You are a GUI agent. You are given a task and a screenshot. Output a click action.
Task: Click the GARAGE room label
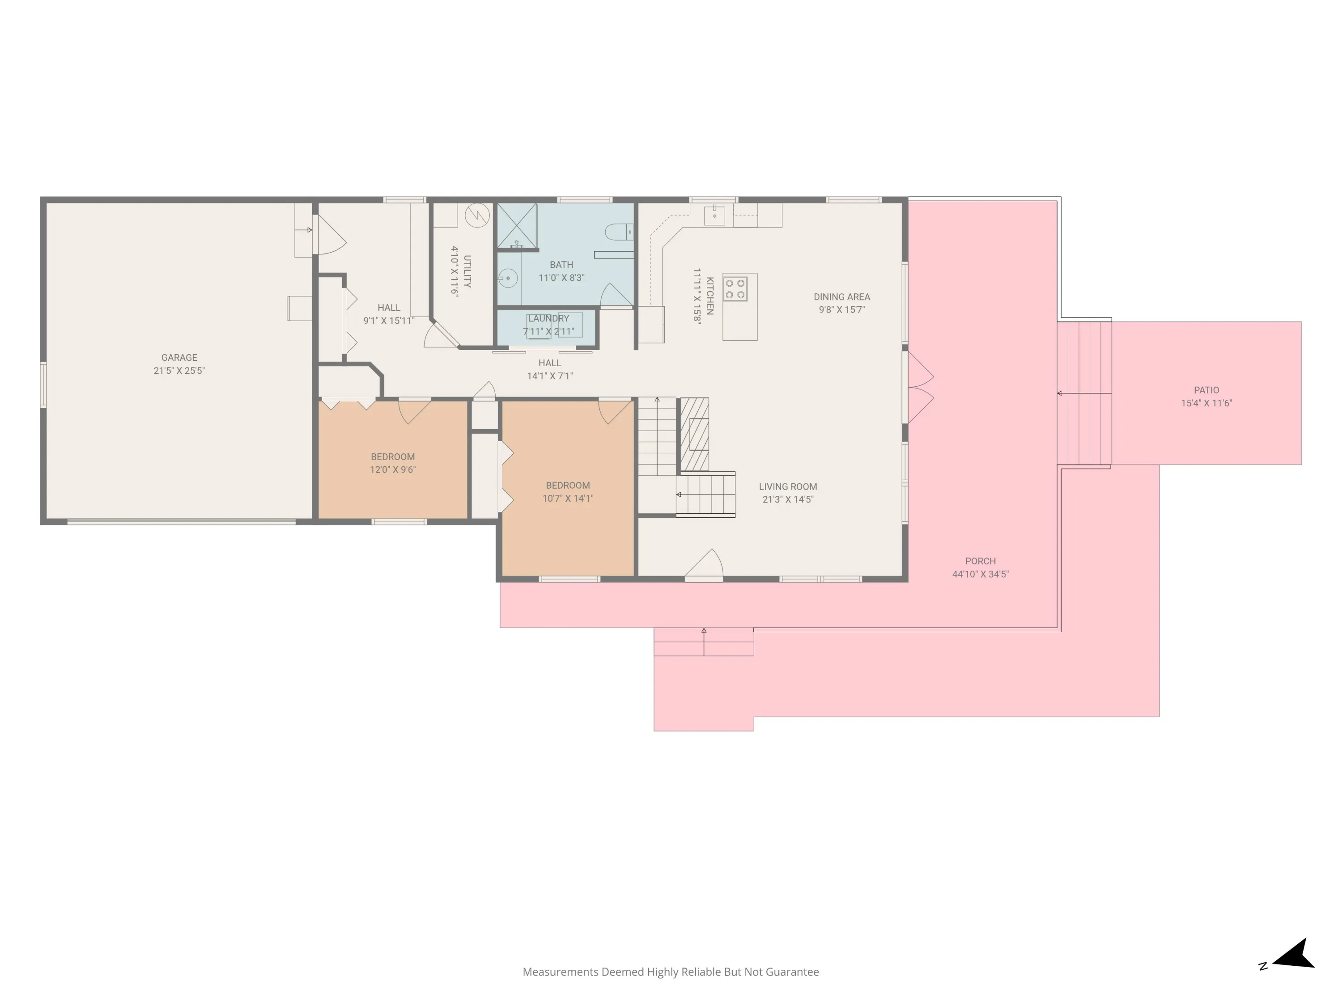coord(179,358)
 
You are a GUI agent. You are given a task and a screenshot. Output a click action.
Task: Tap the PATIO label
coord(1206,390)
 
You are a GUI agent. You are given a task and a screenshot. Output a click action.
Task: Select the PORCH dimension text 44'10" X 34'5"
coord(981,574)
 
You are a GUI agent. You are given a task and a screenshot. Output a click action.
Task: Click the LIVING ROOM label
coord(787,486)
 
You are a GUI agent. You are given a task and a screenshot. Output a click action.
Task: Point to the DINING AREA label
coord(841,296)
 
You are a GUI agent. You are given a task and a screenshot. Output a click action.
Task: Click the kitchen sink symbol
coord(714,215)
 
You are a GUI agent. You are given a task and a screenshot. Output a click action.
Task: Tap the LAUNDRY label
coord(548,318)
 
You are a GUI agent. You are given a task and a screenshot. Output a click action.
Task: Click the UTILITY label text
coord(467,271)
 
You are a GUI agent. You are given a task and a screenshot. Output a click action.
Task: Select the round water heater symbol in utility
coord(477,215)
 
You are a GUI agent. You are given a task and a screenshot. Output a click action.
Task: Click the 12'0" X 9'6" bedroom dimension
coord(392,469)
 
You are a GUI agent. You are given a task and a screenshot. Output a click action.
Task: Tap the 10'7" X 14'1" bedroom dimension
coord(567,499)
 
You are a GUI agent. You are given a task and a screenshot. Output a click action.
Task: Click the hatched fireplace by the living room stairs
coord(694,434)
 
